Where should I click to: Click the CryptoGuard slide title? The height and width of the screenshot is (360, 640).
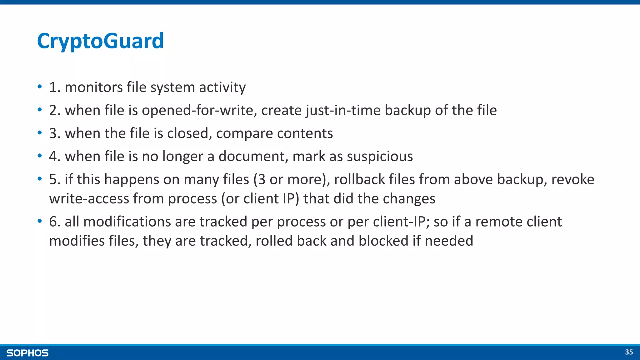pos(100,41)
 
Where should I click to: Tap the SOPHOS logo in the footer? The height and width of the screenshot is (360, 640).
pos(27,353)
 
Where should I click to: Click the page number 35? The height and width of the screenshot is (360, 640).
pos(629,352)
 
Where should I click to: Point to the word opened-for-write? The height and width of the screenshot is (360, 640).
pos(199,110)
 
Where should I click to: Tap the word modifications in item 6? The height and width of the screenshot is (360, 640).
pos(127,222)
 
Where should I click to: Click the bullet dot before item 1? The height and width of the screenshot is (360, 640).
pos(40,87)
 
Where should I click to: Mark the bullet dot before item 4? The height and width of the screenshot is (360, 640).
pos(40,156)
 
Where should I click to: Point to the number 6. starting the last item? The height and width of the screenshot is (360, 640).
pos(55,222)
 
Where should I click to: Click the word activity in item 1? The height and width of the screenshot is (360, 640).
pos(222,87)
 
